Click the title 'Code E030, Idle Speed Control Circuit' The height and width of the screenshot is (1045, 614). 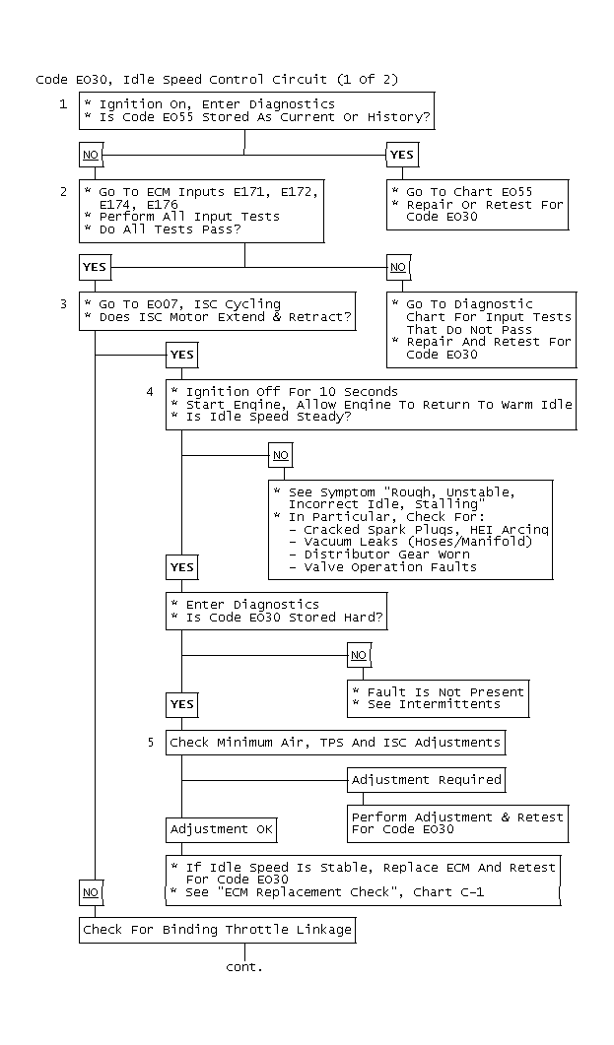(x=181, y=80)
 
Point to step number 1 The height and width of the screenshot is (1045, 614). (x=63, y=104)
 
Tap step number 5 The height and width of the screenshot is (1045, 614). (x=151, y=743)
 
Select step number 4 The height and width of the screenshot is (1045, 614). (x=151, y=392)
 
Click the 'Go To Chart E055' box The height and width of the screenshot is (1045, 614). (x=477, y=205)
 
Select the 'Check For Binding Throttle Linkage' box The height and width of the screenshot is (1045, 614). (x=218, y=930)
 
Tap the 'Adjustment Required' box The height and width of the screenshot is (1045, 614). (x=426, y=780)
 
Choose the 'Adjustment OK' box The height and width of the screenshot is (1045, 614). (x=222, y=829)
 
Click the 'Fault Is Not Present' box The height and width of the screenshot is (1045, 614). (x=438, y=698)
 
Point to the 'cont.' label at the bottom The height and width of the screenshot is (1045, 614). (x=244, y=967)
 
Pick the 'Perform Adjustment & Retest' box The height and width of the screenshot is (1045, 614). (x=458, y=823)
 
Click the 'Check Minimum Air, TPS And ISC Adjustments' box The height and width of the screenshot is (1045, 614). (x=335, y=743)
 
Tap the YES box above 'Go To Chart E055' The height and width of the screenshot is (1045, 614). (x=402, y=155)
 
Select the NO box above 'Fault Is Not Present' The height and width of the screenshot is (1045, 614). (x=359, y=655)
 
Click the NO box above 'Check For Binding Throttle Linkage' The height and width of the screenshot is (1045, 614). (x=91, y=892)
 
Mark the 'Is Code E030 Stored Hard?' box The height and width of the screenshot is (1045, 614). (x=276, y=611)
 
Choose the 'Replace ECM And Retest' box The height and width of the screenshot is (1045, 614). (x=364, y=880)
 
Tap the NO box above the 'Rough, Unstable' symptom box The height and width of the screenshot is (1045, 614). (x=281, y=455)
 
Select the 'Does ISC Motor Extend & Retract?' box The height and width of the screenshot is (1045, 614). (x=218, y=310)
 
